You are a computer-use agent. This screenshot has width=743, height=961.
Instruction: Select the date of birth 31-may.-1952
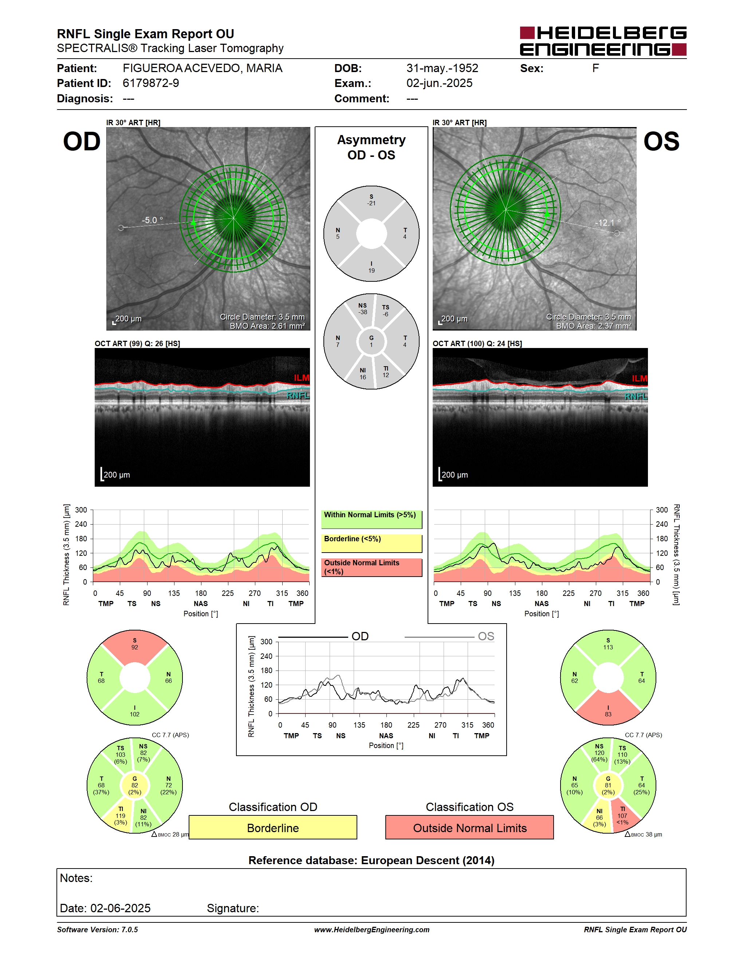[442, 68]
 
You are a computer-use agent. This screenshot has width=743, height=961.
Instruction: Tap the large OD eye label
[82, 142]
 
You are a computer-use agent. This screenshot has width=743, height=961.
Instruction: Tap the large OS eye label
[661, 142]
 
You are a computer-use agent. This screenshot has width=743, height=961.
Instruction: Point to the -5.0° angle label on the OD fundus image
[152, 220]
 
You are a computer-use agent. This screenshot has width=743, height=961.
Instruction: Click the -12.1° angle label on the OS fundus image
[608, 223]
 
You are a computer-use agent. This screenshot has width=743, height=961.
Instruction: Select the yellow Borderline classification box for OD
[273, 827]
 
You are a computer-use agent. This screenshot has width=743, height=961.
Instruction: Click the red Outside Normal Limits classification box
[470, 827]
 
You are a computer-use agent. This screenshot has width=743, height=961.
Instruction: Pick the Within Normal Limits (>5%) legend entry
[371, 519]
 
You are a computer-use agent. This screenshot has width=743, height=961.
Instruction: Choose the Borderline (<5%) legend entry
[371, 543]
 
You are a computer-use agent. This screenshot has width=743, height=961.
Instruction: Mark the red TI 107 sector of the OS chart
[624, 817]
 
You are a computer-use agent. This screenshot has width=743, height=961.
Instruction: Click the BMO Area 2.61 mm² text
[267, 326]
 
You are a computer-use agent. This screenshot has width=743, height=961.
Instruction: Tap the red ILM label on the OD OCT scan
[302, 377]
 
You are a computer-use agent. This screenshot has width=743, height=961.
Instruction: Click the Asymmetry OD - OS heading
[371, 147]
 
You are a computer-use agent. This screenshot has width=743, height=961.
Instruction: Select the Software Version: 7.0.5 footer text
[97, 929]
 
